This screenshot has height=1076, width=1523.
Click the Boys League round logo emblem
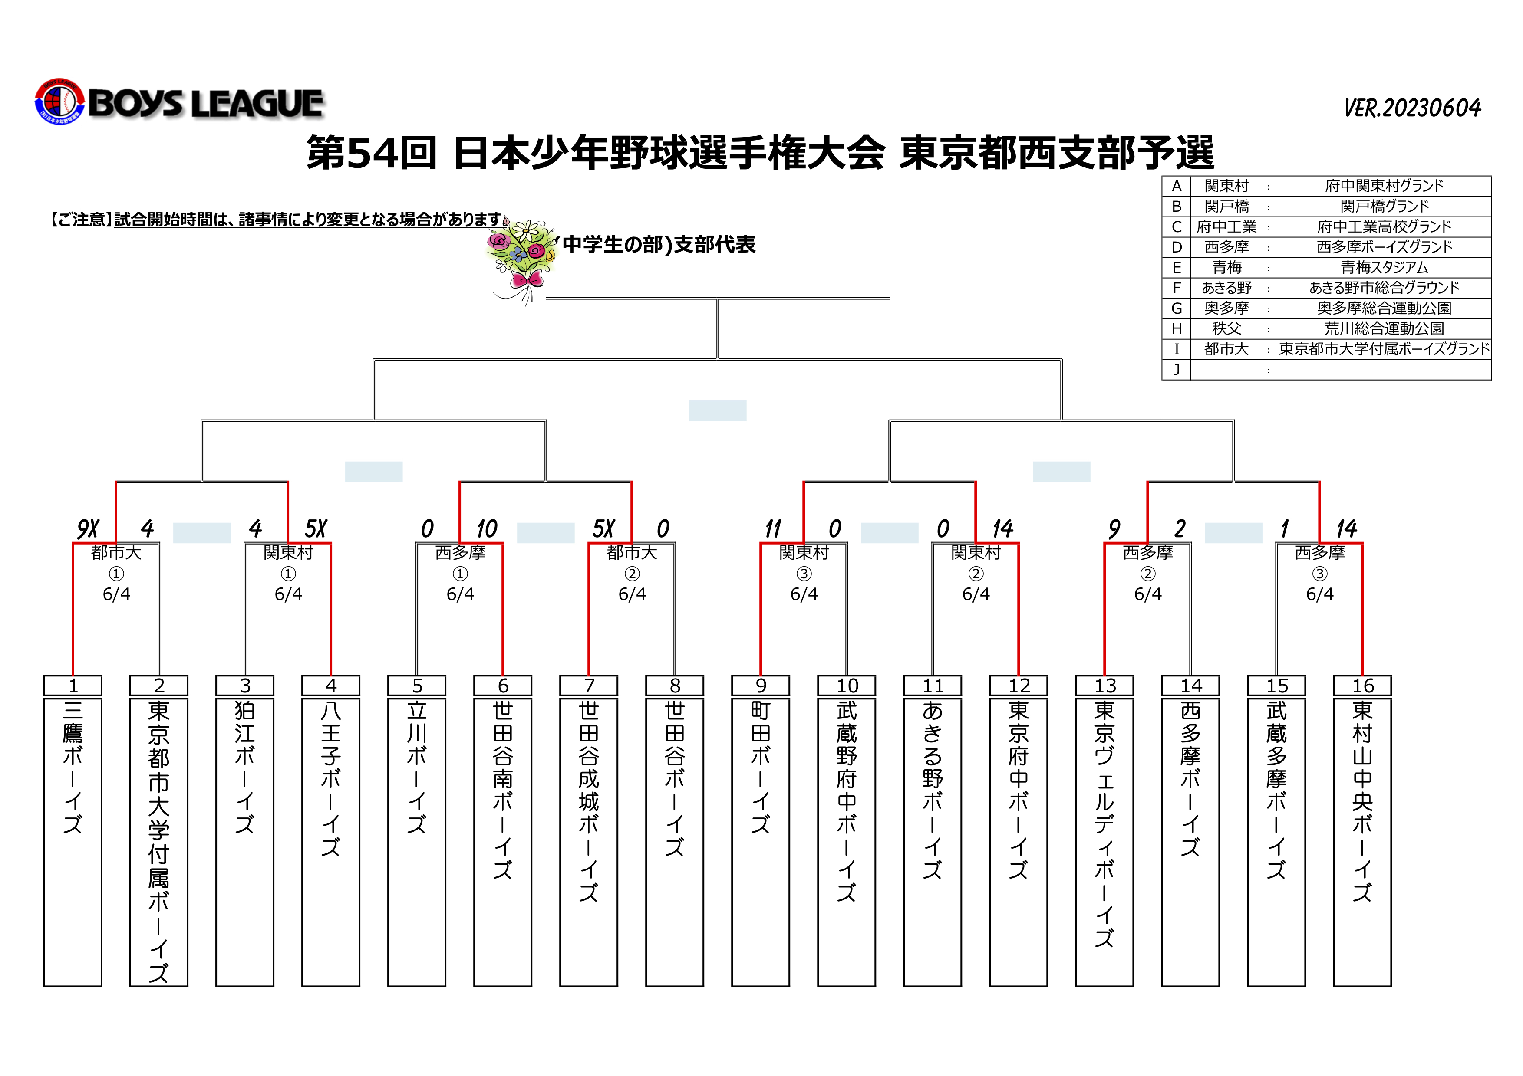(60, 102)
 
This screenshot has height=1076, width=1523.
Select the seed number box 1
(73, 686)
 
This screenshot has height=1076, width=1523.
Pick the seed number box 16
(1362, 686)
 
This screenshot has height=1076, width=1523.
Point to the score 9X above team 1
(88, 529)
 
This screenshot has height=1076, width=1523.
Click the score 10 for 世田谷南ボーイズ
(486, 529)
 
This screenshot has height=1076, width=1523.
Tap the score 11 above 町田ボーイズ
(773, 529)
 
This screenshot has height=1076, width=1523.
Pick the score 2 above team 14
(1180, 529)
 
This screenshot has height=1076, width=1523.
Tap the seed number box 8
(675, 686)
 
